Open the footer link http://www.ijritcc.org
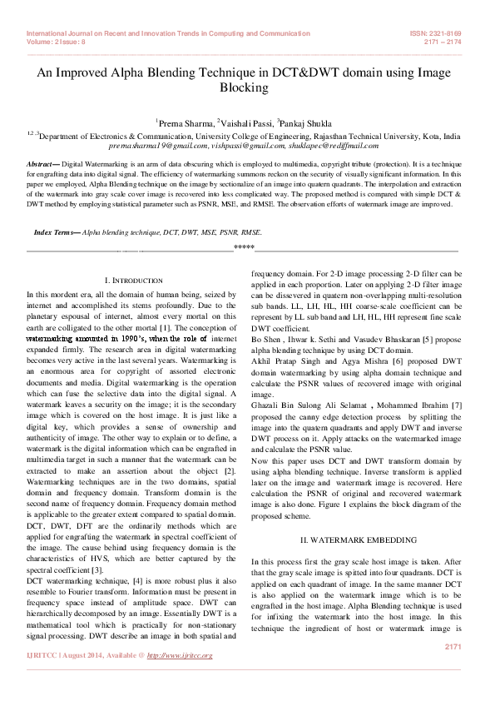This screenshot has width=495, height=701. pos(180,655)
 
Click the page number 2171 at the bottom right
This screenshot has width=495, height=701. pos(453,646)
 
